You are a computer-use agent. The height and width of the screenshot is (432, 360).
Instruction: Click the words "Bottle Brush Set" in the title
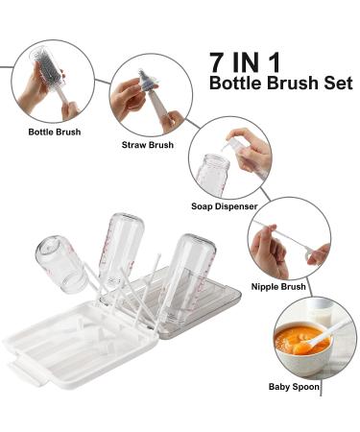pos(280,84)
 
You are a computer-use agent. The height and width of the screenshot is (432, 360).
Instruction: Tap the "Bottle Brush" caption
pos(54,131)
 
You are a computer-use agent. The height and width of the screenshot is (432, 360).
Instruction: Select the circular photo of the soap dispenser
pos(229,157)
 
